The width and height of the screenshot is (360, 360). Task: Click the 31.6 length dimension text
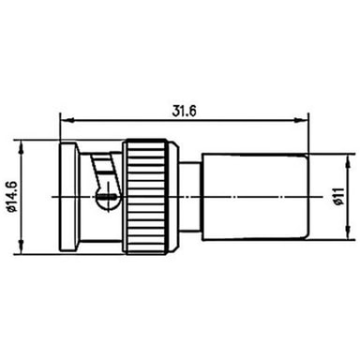pos(185,111)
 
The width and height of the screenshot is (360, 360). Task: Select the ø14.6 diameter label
pos(11,197)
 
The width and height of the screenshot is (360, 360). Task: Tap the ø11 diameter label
pos(339,196)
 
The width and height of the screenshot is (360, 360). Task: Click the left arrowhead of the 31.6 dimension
pos(67,120)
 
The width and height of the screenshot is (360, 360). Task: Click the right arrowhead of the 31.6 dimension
pos(301,120)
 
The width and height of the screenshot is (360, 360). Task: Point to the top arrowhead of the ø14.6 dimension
pos(22,147)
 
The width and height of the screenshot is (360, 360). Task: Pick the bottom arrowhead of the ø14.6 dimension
pos(22,247)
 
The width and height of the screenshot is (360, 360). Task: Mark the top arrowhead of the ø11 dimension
pos(349,161)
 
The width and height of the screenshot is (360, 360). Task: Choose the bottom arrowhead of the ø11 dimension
pos(349,233)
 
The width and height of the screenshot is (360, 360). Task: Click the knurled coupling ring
pos(145,197)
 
